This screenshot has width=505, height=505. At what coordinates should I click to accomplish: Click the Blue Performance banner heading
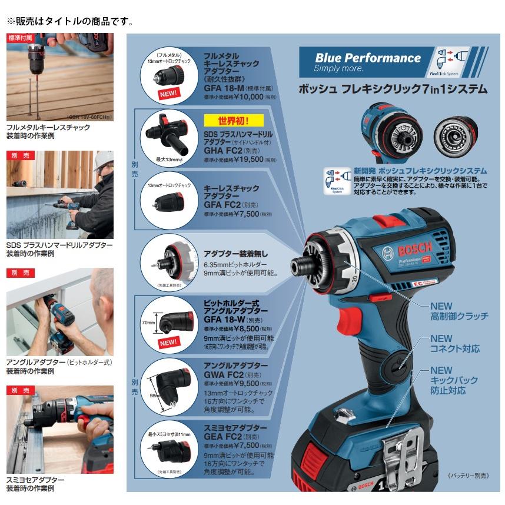tap(368, 58)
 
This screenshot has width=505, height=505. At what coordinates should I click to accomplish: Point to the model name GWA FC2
tap(224, 374)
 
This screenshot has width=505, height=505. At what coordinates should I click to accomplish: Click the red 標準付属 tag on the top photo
tap(20, 38)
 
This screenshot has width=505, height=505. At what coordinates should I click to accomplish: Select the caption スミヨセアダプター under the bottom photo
tap(35, 480)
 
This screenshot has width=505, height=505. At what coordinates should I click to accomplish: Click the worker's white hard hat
tap(104, 158)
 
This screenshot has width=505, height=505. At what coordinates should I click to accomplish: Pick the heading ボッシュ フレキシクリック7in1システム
tap(393, 90)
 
